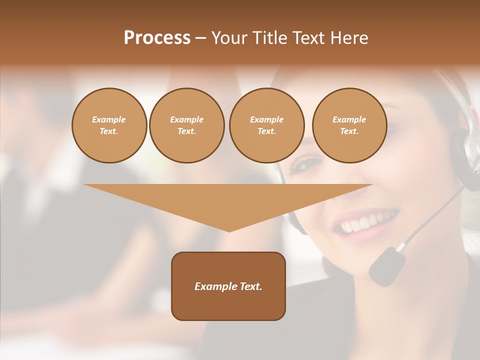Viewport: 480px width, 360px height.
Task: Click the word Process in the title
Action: [x=157, y=38]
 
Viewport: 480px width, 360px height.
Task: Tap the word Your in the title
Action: [x=229, y=38]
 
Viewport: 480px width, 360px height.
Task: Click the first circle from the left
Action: [x=109, y=125]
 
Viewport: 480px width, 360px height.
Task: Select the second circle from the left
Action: [x=186, y=125]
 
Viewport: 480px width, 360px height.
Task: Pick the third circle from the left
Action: [x=266, y=125]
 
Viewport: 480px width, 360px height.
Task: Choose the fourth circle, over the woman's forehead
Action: [x=349, y=125]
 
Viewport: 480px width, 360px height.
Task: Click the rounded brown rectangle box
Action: [x=228, y=305]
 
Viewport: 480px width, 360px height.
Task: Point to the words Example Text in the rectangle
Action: [x=228, y=286]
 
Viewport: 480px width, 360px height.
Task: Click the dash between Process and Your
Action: [x=201, y=38]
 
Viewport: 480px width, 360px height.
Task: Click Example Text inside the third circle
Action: [x=266, y=125]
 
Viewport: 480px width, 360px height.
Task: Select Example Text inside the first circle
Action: [x=109, y=125]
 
